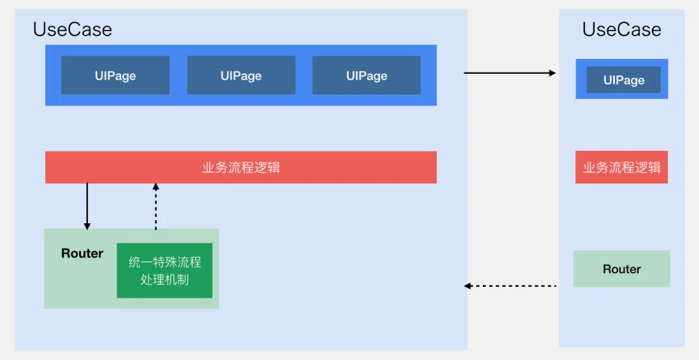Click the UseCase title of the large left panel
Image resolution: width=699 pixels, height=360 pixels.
point(72,29)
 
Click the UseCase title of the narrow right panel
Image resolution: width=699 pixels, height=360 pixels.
point(621,29)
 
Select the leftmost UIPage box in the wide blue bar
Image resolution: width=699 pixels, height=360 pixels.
point(115,76)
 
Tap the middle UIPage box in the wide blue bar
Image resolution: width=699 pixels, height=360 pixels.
point(241,76)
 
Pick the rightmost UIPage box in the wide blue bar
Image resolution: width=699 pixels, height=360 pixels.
point(366,76)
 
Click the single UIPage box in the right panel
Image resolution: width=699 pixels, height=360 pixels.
point(623,80)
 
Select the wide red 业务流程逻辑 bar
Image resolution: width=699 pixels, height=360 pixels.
point(241,168)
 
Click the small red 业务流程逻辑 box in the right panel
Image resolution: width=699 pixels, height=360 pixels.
point(621,168)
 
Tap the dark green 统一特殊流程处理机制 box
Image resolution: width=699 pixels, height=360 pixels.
point(164,271)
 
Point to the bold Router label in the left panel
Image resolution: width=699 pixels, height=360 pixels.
point(82,254)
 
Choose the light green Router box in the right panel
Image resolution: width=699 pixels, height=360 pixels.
point(621,269)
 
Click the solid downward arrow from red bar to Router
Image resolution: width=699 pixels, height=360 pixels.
point(87,206)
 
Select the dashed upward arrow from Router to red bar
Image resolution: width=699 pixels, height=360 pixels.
point(156,207)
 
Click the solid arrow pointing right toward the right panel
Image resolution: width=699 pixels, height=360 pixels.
point(510,73)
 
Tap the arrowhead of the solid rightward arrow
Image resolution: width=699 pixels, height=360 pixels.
point(553,73)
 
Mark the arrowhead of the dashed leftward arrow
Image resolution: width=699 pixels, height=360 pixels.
point(468,286)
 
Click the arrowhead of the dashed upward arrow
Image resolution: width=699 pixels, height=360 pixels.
point(156,187)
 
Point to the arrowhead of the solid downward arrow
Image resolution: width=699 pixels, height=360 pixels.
point(87,226)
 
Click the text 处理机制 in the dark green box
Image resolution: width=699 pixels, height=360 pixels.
point(164,280)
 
